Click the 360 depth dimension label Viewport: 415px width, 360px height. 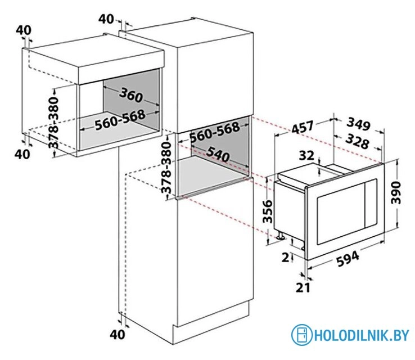click(x=132, y=96)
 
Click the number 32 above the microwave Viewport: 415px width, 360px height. click(x=307, y=155)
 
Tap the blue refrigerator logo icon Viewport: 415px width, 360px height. click(x=301, y=335)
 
